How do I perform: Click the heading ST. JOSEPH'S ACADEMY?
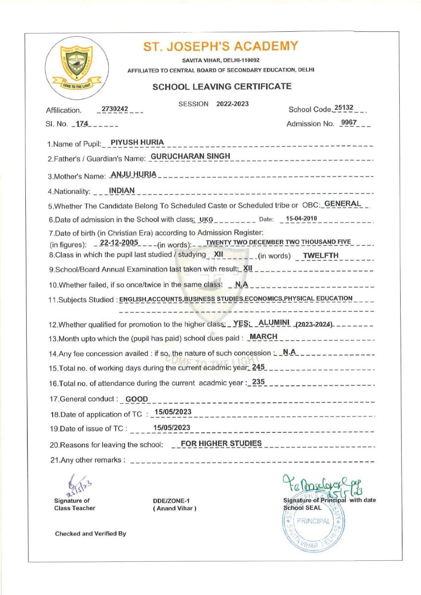[221, 47]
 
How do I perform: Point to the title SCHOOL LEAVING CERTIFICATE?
[222, 86]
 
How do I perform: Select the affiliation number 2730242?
[115, 109]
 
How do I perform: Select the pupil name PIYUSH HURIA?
[137, 142]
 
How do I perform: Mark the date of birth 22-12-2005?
[119, 242]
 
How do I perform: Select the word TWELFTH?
[321, 255]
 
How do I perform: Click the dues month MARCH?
[264, 337]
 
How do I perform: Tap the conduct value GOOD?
[137, 399]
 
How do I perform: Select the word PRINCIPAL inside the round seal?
[313, 521]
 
